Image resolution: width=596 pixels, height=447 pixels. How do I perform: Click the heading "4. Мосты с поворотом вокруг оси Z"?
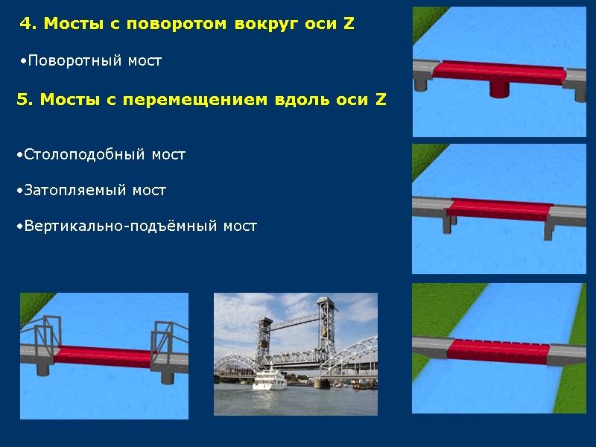pyautogui.click(x=187, y=24)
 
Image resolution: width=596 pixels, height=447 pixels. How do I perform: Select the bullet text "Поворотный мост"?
pyautogui.click(x=92, y=60)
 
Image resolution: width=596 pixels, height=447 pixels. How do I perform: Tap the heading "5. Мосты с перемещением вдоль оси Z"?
pyautogui.click(x=201, y=100)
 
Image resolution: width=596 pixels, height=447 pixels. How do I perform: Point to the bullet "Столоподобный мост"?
pyautogui.click(x=104, y=155)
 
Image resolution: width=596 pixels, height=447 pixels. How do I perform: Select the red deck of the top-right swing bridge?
pyautogui.click(x=499, y=70)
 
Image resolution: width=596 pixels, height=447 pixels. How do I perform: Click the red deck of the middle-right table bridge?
pyautogui.click(x=499, y=209)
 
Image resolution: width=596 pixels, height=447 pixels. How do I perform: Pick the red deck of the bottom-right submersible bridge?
pyautogui.click(x=498, y=349)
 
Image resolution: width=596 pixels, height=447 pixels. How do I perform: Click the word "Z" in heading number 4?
pyautogui.click(x=349, y=24)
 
